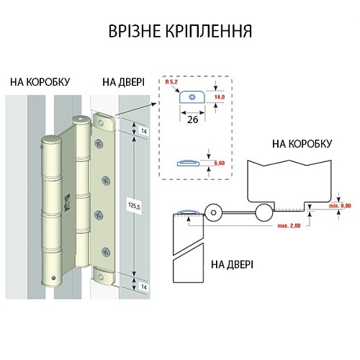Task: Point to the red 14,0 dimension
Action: pos(221,95)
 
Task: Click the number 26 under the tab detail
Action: pos(192,120)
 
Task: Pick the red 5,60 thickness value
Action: pos(219,164)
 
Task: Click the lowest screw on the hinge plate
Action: pos(107,251)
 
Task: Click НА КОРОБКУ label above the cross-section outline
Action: pos(302,144)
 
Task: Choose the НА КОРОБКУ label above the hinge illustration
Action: pos(40,82)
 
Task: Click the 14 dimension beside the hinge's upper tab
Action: pos(143,132)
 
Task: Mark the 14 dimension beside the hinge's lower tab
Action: pos(143,287)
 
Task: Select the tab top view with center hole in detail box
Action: pos(192,96)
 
